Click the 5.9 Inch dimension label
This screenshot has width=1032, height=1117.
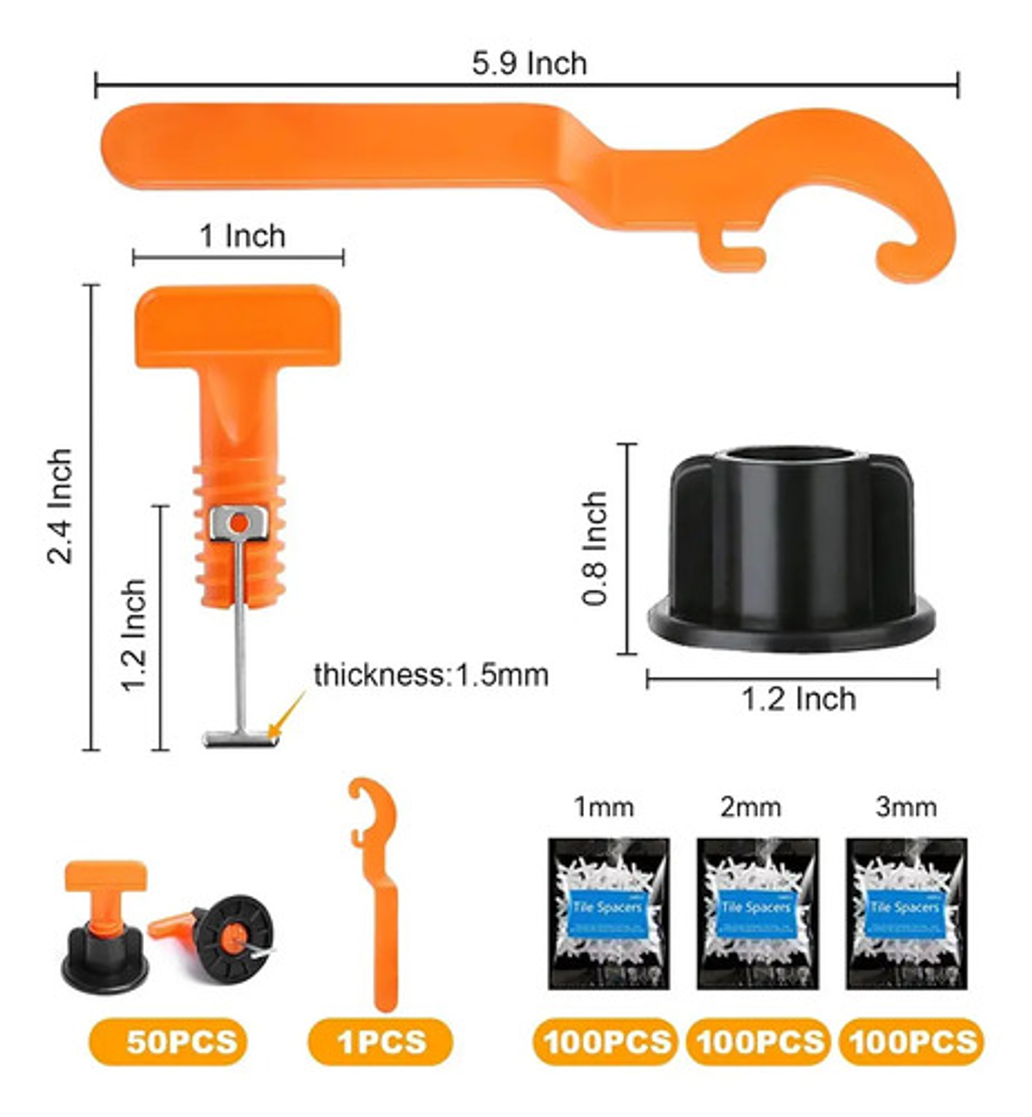tap(529, 64)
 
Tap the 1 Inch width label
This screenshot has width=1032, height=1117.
tap(242, 236)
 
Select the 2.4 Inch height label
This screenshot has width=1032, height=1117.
tap(61, 506)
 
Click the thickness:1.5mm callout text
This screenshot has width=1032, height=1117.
tap(431, 675)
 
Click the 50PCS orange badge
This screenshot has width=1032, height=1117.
tap(168, 1041)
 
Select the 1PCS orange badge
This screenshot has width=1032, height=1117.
tap(381, 1041)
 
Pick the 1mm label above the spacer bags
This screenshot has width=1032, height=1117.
tap(603, 807)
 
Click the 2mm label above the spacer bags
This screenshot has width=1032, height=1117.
tap(750, 807)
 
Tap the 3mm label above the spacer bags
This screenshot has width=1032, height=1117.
tap(906, 807)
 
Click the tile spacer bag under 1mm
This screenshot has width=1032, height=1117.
tap(608, 914)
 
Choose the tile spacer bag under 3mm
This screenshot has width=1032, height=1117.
tap(906, 914)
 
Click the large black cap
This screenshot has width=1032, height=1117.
tap(791, 548)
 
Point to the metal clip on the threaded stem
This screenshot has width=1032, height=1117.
tap(239, 523)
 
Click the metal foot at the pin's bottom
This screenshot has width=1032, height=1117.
tap(239, 738)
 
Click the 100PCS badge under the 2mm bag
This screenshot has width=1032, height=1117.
tap(758, 1041)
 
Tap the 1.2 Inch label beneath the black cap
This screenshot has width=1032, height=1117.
tap(798, 699)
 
